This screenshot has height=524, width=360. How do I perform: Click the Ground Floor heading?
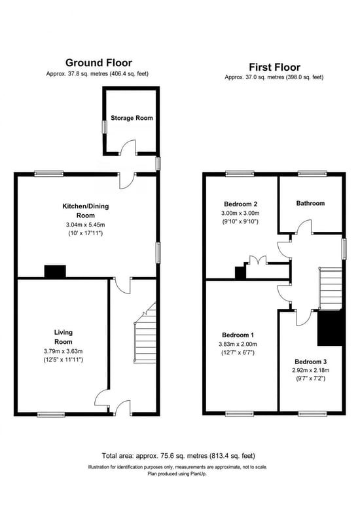(x=99, y=62)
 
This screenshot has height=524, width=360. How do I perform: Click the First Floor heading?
(x=274, y=67)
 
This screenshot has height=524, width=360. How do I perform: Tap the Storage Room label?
(x=132, y=118)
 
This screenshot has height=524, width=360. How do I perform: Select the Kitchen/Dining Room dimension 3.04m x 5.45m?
(x=86, y=225)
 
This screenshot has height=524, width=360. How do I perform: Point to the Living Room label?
(x=63, y=337)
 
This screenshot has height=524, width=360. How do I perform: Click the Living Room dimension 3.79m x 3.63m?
(x=63, y=351)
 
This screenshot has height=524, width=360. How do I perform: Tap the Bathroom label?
(x=310, y=203)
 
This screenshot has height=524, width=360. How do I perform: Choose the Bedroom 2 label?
(x=240, y=204)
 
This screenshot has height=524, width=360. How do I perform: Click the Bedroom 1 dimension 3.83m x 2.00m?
(x=238, y=344)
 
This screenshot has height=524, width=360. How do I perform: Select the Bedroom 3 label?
(x=310, y=362)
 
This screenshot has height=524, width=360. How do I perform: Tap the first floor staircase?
(x=331, y=288)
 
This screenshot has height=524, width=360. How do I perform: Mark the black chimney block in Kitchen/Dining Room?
(x=55, y=271)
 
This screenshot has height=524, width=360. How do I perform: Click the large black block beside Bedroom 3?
(x=330, y=328)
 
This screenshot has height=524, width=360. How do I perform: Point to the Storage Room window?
(x=105, y=127)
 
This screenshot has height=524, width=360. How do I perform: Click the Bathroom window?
(x=312, y=174)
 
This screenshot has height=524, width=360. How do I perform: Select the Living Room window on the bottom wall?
(x=51, y=415)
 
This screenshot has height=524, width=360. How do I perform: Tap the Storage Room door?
(x=128, y=147)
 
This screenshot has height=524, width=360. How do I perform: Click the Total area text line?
(x=178, y=455)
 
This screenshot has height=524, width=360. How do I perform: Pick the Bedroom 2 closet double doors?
(x=257, y=260)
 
